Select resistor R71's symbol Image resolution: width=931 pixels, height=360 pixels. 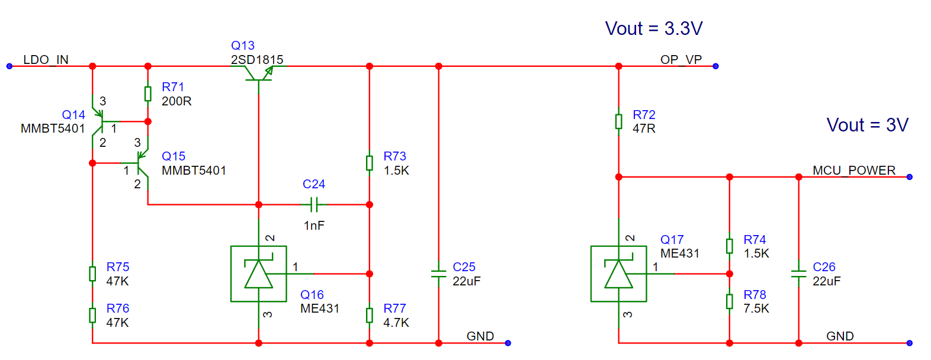[x=148, y=94]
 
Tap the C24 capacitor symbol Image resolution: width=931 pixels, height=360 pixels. [x=314, y=204]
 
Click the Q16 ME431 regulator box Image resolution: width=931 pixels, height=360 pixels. [x=259, y=274]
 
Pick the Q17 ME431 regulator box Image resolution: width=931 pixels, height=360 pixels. [x=618, y=274]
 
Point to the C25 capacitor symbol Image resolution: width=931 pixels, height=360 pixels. [x=438, y=274]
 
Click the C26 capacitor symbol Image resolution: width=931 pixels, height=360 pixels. [x=798, y=274]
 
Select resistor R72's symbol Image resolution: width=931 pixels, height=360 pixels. [x=618, y=121]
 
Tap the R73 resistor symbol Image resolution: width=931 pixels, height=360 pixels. [x=370, y=163]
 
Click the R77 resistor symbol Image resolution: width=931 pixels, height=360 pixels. [x=370, y=315]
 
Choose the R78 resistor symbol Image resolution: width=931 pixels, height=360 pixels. [x=730, y=301]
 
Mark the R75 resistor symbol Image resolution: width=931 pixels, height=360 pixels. [x=92, y=274]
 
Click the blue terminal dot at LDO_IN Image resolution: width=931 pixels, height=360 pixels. [x=9, y=66]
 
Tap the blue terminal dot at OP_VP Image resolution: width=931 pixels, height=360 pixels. [x=715, y=66]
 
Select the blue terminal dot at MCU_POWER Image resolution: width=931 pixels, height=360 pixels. [x=910, y=177]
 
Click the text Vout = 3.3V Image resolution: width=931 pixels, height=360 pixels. [x=654, y=28]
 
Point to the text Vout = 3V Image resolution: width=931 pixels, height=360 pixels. [x=868, y=125]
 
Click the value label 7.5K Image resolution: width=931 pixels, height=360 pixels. [x=756, y=308]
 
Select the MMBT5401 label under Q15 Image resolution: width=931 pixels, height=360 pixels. [x=194, y=171]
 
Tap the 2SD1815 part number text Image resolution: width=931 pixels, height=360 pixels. [x=257, y=60]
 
